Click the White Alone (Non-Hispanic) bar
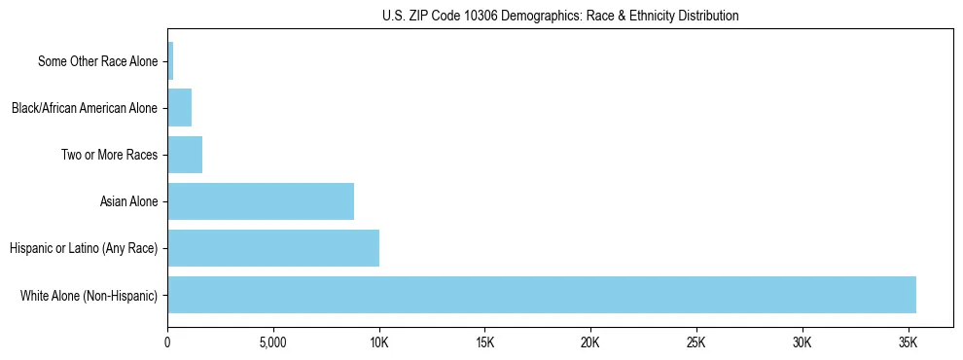542,295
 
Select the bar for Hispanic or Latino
273,248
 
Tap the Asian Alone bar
261,201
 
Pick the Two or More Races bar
185,155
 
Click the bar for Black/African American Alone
180,108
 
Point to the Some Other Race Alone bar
170,61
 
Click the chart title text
560,16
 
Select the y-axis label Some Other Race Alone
97,61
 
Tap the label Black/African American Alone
84,108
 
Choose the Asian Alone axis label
128,201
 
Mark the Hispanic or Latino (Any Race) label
83,248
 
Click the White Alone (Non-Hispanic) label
89,295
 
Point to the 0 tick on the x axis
167,343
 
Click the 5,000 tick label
273,343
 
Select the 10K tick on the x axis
379,343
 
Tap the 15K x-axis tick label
484,343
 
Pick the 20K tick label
590,343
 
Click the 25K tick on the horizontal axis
696,343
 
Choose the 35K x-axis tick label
908,343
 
